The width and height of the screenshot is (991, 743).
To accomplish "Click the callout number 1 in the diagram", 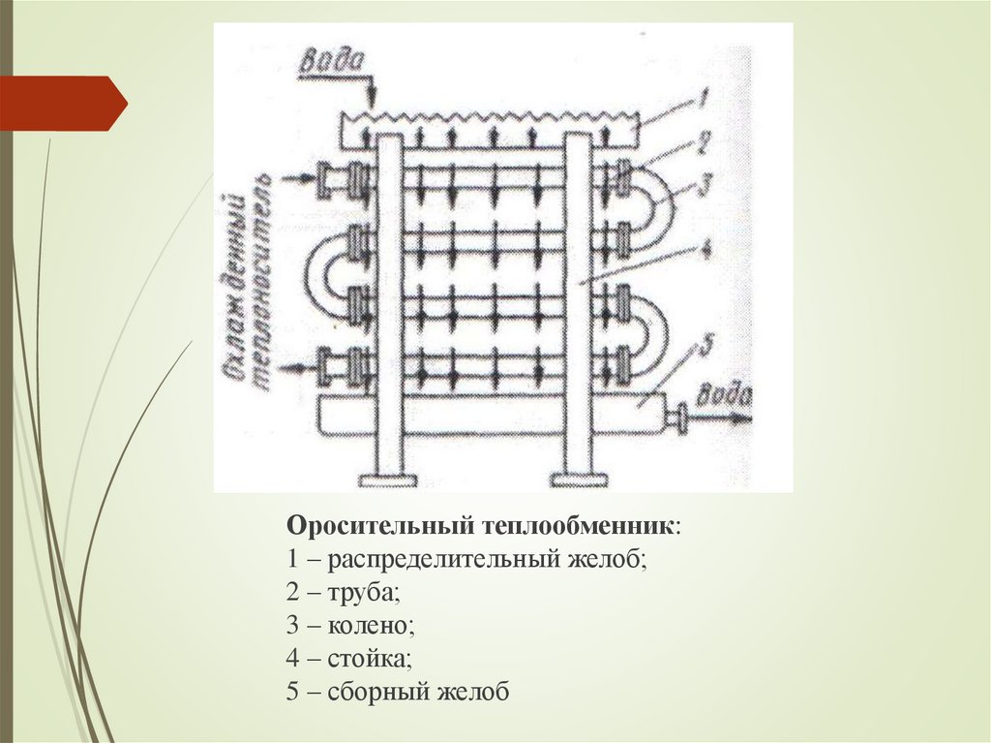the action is pos(706,98).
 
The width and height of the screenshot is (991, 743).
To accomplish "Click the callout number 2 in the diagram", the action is pos(705,143).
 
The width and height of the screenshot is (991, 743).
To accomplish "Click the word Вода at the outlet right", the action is pos(729,394).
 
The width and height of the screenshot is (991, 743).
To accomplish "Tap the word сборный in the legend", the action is pos(376,692).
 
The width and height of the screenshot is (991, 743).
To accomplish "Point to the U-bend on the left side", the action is pos(325,272).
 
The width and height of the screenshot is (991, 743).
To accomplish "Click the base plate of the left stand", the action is pos(388,479).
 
